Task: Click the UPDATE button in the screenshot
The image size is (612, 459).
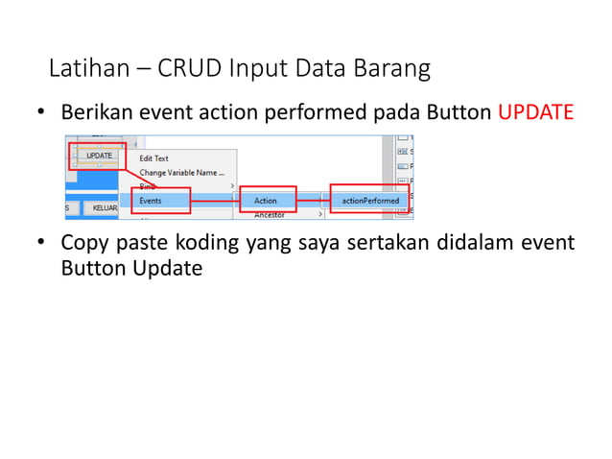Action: [x=99, y=156]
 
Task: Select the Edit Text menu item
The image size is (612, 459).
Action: [x=153, y=158]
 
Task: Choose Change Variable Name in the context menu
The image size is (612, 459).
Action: [x=181, y=173]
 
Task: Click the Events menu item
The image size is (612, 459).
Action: [x=151, y=200]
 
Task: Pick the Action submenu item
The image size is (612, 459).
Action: [x=266, y=200]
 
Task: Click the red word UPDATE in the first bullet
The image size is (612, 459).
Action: [x=535, y=113]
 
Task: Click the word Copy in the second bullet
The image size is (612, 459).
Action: [x=83, y=242]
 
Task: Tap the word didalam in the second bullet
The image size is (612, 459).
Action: [x=479, y=242]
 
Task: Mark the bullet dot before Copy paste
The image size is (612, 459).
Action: [x=41, y=243]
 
